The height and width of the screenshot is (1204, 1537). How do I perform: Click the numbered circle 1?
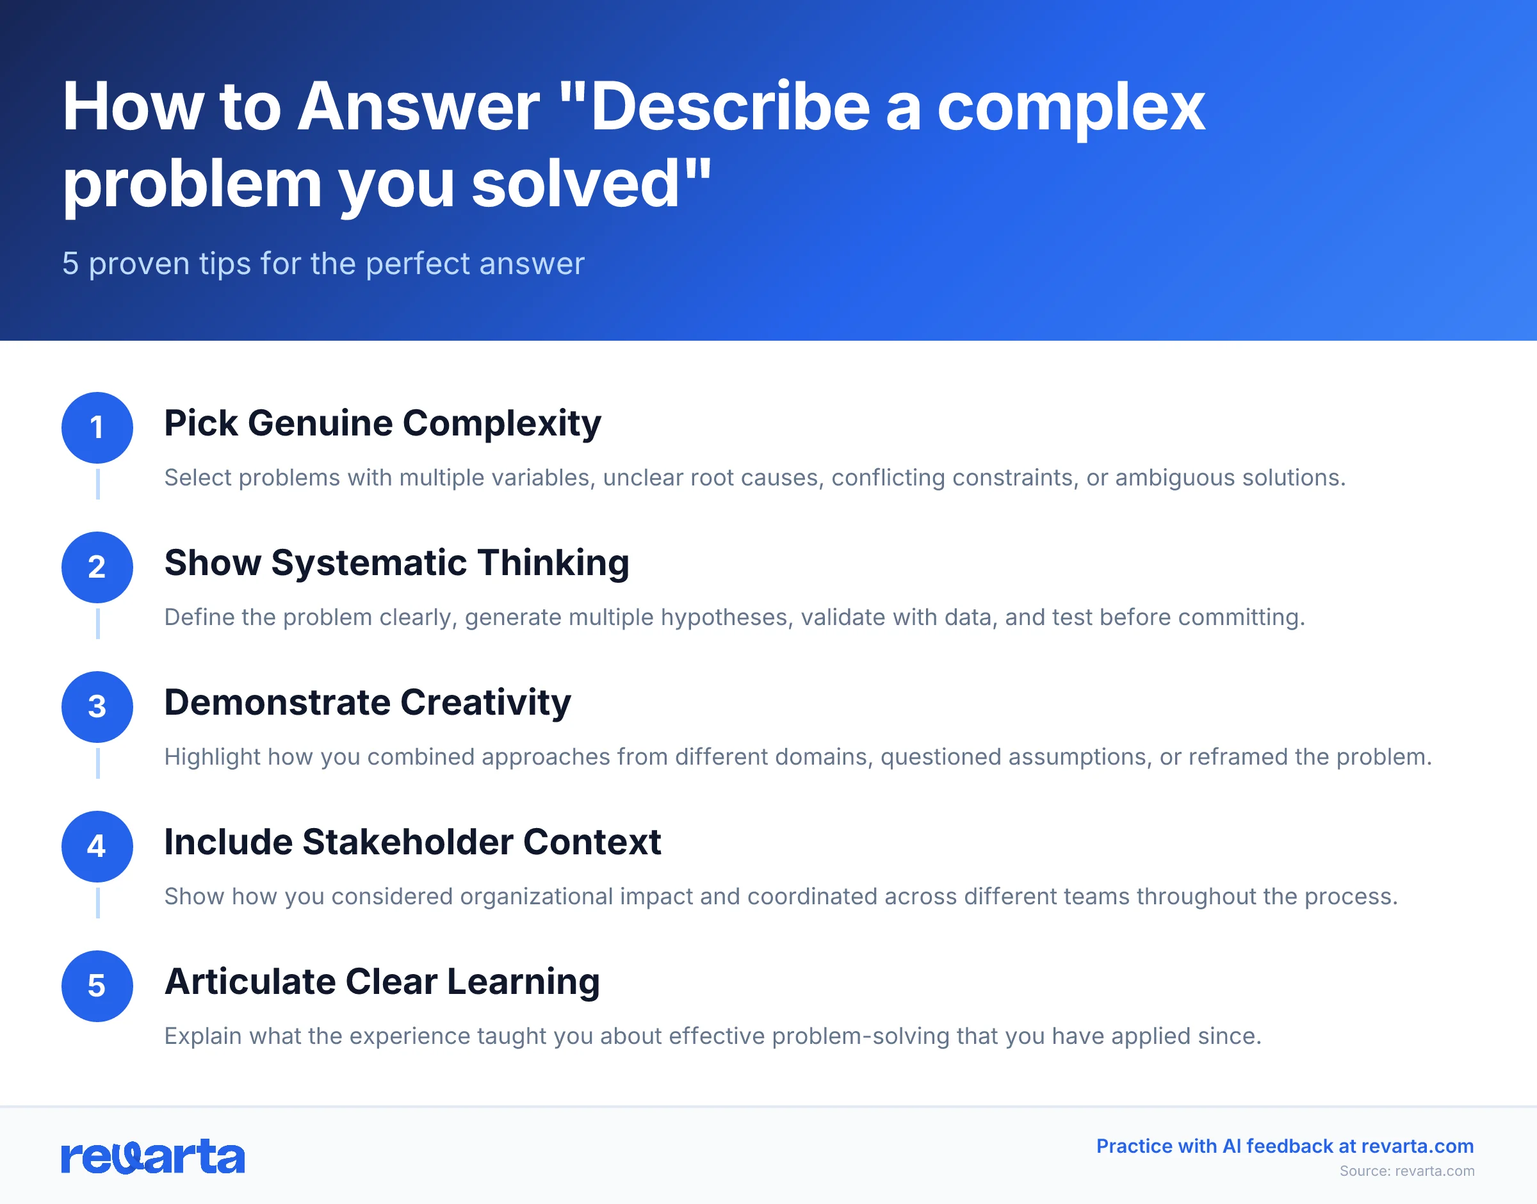[97, 427]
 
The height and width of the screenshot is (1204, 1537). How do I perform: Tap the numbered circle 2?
[97, 567]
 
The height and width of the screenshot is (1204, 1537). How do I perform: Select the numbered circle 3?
[97, 706]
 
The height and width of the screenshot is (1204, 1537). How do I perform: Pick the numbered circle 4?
[97, 846]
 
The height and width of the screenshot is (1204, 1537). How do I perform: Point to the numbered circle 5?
[97, 986]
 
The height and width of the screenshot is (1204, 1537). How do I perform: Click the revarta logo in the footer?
[153, 1157]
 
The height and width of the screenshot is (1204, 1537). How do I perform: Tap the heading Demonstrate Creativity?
[367, 702]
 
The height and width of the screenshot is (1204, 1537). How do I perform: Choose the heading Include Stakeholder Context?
[412, 842]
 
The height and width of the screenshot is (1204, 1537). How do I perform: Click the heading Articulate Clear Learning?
[381, 981]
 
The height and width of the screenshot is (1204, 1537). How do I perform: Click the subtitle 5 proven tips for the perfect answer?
[323, 264]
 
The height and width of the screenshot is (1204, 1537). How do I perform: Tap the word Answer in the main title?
[418, 107]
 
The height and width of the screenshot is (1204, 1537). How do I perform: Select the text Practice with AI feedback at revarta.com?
[1284, 1146]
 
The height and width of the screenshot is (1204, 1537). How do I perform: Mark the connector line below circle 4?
[97, 903]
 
